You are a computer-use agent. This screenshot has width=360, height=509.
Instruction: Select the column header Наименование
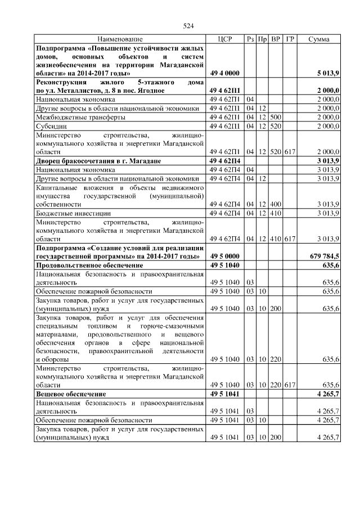(120, 39)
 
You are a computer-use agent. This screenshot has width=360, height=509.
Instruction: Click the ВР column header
(276, 39)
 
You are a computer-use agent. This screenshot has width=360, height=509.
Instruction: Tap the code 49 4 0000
(224, 74)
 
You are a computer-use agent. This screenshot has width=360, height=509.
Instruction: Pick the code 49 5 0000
(224, 256)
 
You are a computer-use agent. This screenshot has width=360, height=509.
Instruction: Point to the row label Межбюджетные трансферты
(80, 117)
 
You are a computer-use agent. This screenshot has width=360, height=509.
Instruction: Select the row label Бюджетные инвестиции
(73, 213)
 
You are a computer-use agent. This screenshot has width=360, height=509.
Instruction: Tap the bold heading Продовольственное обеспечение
(89, 265)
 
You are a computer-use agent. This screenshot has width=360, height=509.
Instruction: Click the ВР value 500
(276, 117)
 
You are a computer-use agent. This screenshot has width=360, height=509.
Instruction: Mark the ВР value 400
(276, 204)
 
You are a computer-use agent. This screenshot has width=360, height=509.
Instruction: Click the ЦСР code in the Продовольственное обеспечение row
(224, 265)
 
